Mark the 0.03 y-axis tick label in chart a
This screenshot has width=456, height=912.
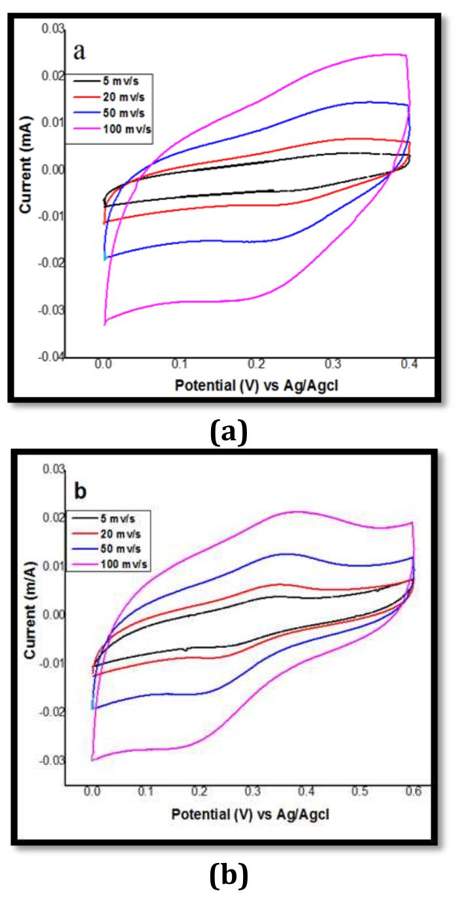[52, 29]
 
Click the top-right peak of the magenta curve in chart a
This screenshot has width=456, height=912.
[404, 55]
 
